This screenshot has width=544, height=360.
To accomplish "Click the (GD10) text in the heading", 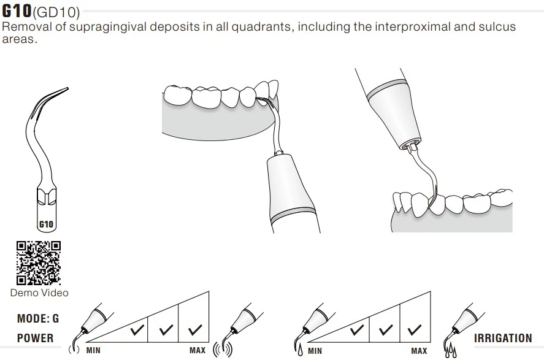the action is pos(56,12).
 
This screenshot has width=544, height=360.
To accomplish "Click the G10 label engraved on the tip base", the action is pos(46,224).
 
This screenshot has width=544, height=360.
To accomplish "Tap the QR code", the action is pos(39,263).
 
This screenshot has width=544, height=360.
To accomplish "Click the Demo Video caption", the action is pos(39,293).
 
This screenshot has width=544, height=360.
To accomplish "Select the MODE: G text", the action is pos(38,318).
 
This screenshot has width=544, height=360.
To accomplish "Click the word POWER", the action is pos(36,338).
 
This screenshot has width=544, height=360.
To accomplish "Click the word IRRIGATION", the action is pos(503,338).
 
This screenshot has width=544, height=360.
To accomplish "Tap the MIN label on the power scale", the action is pos(93,350).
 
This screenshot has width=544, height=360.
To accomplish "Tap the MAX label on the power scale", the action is pos(197,350).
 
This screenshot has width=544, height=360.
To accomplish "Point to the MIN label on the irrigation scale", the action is pos(315,351).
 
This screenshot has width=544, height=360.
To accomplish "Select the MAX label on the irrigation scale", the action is pos(419,351).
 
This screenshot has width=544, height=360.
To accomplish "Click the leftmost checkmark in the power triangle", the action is pos(137,330).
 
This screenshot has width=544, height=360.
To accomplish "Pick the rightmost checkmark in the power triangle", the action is pos(195,330).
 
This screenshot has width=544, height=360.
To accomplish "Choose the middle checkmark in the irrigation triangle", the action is pos(386,330).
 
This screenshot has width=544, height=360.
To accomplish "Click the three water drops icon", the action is pos(450,350).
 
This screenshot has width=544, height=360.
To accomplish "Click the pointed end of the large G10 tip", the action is pos(67,88).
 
